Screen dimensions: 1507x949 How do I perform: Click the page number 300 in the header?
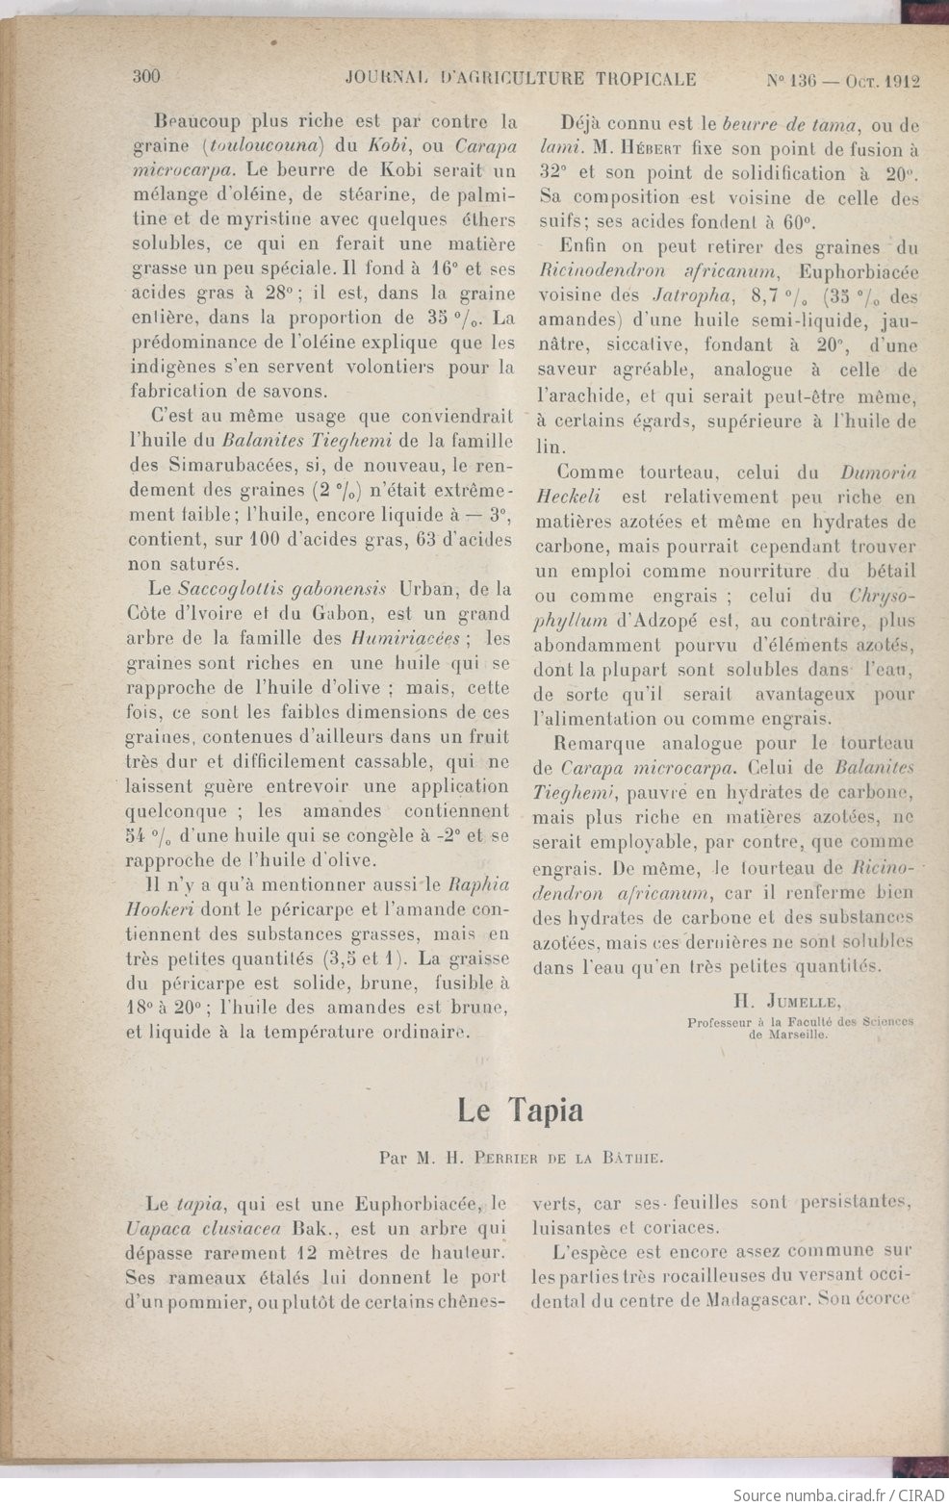pos(145,79)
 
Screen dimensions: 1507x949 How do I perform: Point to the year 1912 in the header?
pos(901,81)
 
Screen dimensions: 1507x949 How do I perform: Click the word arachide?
pos(592,396)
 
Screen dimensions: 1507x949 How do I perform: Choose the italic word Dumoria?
pos(878,473)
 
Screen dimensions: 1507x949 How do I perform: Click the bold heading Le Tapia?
pos(520,1111)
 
